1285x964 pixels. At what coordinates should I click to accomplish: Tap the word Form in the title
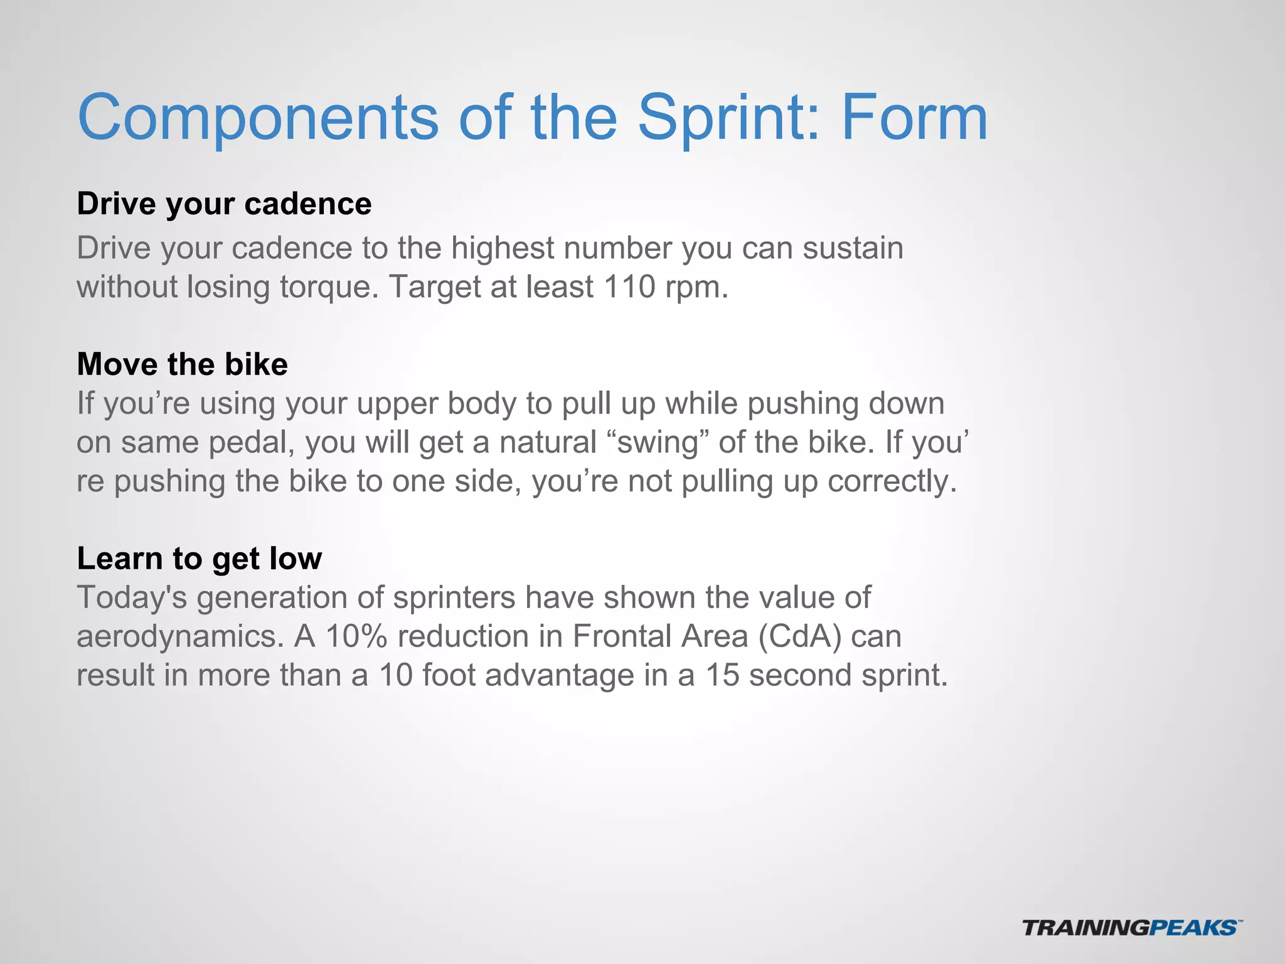[x=914, y=118]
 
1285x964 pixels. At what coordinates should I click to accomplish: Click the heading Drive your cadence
[x=224, y=204]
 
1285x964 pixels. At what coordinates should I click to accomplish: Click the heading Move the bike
[x=182, y=365]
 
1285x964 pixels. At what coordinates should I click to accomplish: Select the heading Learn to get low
[x=199, y=559]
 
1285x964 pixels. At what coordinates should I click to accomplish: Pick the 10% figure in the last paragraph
[x=356, y=636]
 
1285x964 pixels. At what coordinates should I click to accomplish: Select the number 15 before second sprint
[x=722, y=675]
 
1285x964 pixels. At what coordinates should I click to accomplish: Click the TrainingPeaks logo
[x=1132, y=928]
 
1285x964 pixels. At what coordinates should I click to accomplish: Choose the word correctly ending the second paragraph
[x=892, y=482]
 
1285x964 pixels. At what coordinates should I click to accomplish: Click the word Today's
[x=132, y=598]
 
